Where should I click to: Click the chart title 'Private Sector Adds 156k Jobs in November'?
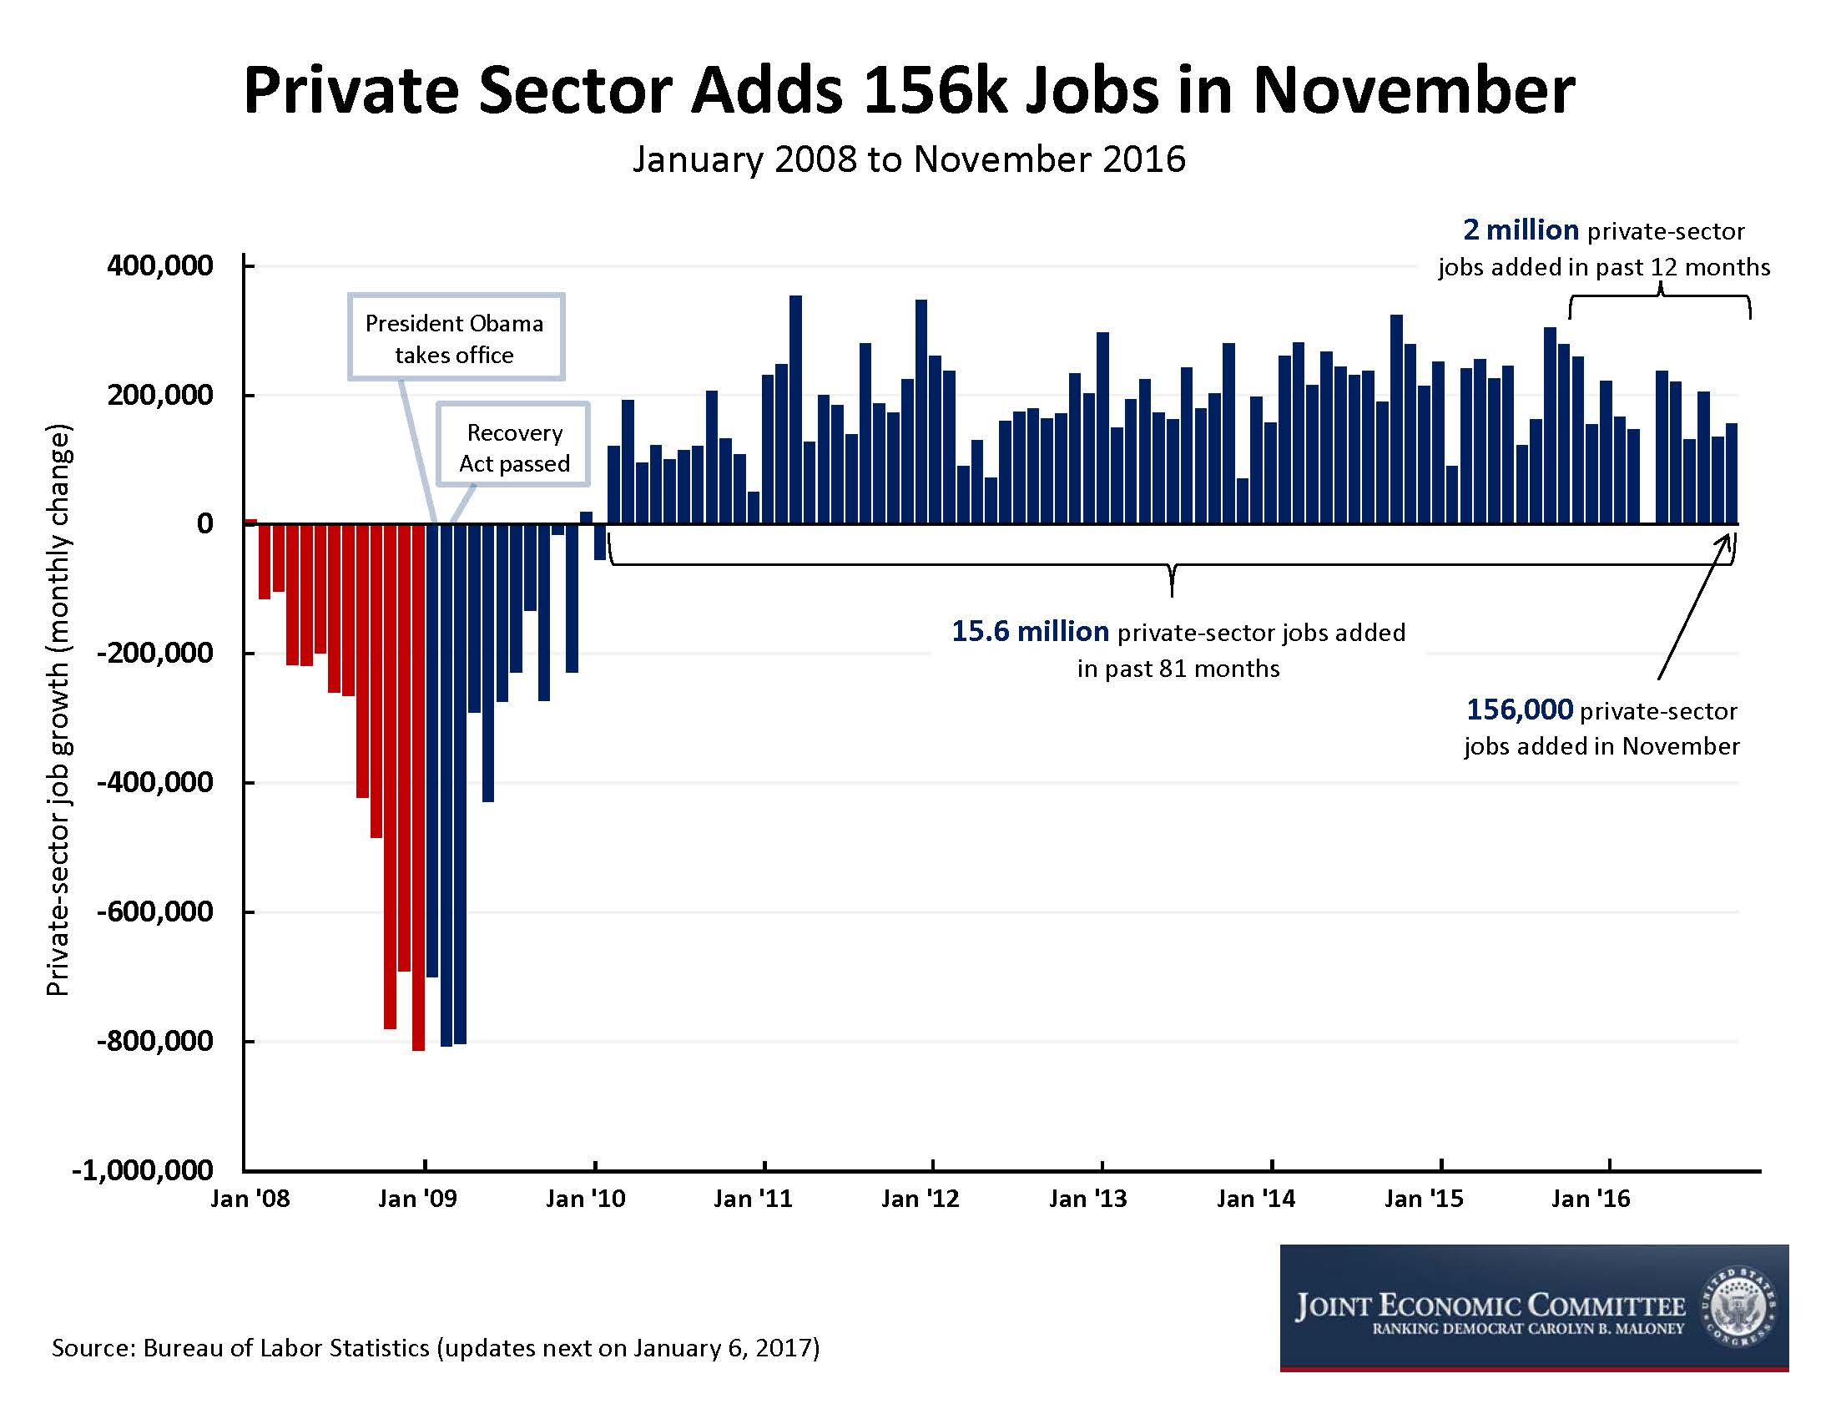909,91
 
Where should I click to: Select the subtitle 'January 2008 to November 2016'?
909,159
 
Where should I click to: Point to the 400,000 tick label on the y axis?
159,266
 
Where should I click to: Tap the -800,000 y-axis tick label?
154,1041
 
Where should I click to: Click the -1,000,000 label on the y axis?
143,1170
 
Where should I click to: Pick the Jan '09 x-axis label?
417,1199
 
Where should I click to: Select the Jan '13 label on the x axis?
1087,1199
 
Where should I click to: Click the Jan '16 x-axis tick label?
1591,1199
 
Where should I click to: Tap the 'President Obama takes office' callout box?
455,338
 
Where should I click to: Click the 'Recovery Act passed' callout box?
513,447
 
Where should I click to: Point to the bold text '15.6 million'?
1030,631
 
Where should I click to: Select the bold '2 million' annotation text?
1521,230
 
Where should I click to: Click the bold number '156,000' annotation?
1519,710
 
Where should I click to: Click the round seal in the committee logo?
1738,1308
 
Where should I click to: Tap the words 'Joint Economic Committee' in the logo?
1490,1305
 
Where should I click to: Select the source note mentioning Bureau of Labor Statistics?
436,1348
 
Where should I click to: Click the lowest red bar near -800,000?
419,787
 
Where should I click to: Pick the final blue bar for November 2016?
1732,474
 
